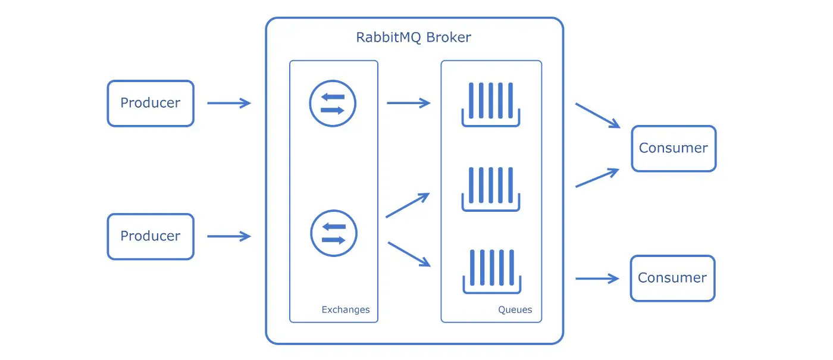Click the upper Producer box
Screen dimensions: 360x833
click(151, 104)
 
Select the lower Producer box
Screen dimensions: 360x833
click(151, 236)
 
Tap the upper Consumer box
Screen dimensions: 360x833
click(674, 148)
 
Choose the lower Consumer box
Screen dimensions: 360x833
click(672, 278)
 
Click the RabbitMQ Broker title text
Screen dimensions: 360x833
click(414, 37)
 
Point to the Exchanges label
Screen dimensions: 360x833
click(345, 309)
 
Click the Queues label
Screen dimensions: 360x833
click(515, 309)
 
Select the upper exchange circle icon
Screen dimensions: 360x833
click(333, 104)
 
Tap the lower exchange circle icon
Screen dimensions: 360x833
click(334, 233)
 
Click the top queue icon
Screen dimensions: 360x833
click(491, 105)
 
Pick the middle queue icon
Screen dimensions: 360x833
click(491, 189)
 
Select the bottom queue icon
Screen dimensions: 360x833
click(491, 271)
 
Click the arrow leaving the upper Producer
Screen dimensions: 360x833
click(229, 104)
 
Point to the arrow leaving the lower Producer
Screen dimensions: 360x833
click(229, 236)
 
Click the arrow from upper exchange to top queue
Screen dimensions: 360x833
click(408, 104)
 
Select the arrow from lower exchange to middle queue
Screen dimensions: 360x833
click(408, 205)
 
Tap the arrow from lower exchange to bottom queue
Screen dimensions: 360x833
click(409, 254)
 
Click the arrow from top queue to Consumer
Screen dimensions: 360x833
click(597, 115)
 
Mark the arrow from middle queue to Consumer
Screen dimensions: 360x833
click(597, 178)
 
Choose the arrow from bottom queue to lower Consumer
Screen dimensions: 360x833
click(597, 278)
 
